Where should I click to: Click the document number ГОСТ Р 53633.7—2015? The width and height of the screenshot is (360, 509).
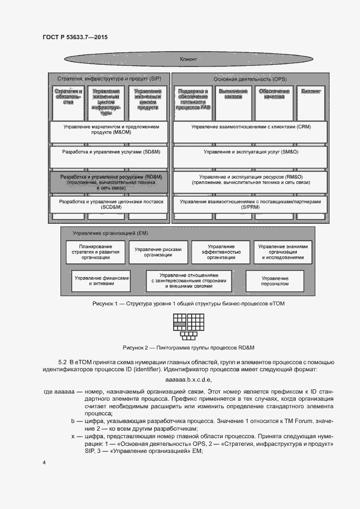point(75,38)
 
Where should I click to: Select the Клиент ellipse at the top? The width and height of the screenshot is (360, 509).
point(188,59)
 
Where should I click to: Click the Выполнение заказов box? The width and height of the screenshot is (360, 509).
point(233,101)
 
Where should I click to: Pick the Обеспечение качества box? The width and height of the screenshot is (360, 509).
point(271,101)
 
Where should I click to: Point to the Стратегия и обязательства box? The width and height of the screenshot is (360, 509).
point(68,101)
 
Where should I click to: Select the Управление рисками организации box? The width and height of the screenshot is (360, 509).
point(158,252)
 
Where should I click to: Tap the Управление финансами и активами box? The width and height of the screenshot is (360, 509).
point(102,281)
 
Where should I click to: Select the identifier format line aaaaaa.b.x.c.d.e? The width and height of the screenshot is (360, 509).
point(188,379)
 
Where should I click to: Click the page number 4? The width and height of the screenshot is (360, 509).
point(44,462)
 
